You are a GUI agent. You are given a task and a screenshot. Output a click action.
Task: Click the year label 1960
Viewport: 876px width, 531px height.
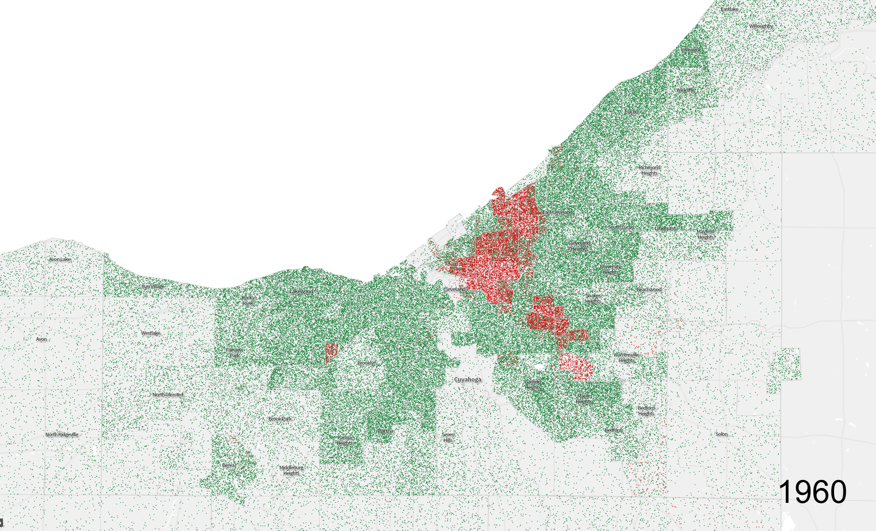[812, 492]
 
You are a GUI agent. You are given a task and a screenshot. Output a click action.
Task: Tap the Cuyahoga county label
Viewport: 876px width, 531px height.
[468, 380]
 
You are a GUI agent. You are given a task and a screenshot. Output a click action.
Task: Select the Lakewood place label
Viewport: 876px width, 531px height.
[301, 291]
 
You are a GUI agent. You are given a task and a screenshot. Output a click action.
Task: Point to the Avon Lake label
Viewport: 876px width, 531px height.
[59, 259]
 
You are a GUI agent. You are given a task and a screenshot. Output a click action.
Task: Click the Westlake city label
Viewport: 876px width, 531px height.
[150, 333]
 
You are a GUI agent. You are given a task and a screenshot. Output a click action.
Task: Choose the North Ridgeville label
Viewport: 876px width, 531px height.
[62, 434]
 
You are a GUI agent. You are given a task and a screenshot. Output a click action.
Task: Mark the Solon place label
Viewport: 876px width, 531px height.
[721, 434]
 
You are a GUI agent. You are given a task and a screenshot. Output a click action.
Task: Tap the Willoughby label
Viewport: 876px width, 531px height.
[761, 26]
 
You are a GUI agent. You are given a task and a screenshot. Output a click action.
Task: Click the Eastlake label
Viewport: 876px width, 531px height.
[729, 9]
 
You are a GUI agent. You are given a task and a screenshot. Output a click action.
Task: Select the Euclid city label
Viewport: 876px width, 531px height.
[631, 112]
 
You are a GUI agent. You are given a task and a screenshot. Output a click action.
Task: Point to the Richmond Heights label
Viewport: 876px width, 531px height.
[649, 170]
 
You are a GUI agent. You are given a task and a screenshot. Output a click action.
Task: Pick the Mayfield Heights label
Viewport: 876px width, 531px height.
[706, 234]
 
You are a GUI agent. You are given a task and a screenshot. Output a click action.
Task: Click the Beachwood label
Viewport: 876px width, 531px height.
[649, 289]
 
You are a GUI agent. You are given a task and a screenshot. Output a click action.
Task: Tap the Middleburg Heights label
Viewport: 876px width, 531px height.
[291, 470]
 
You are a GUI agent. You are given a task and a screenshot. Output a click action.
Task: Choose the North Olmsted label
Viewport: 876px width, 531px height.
[168, 395]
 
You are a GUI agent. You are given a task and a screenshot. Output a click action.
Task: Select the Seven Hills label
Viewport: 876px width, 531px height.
[448, 437]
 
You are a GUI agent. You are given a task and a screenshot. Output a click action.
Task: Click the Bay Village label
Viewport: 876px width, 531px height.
[153, 286]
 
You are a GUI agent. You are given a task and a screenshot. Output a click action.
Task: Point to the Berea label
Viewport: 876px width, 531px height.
[228, 465]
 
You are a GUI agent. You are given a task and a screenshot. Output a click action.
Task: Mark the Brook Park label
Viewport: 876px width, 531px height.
[279, 418]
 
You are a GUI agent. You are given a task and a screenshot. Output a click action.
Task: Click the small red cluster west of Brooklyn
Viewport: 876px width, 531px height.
[331, 353]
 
